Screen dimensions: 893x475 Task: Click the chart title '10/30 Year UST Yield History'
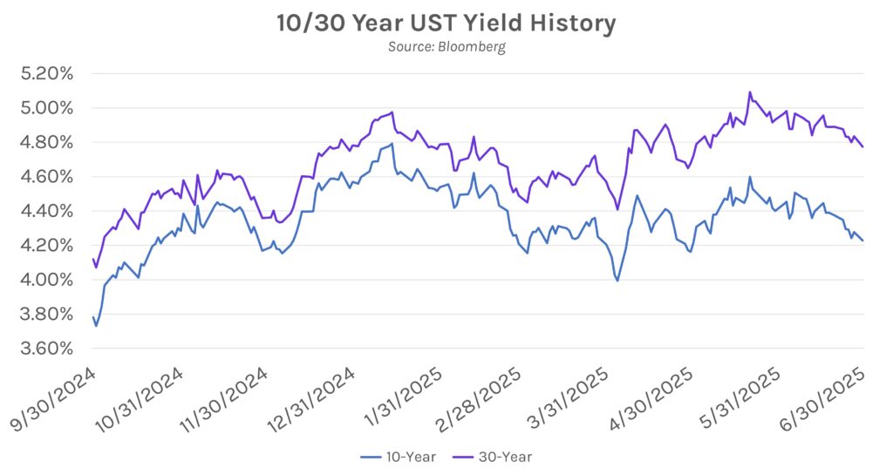pyautogui.click(x=446, y=24)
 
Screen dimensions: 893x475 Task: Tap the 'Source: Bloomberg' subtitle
pyautogui.click(x=446, y=47)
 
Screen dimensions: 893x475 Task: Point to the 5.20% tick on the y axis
pyautogui.click(x=47, y=74)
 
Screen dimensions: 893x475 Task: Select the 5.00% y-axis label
pyautogui.click(x=47, y=108)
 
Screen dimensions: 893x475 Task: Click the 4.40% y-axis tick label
pyautogui.click(x=47, y=211)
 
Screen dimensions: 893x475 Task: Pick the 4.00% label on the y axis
pyautogui.click(x=47, y=280)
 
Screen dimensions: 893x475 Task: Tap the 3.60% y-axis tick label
pyautogui.click(x=47, y=349)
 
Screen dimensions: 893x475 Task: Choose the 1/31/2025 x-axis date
pyautogui.click(x=402, y=398)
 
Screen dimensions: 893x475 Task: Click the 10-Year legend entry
pyautogui.click(x=398, y=457)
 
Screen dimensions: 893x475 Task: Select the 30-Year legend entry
pyautogui.click(x=493, y=457)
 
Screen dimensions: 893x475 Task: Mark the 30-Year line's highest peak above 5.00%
pyautogui.click(x=750, y=92)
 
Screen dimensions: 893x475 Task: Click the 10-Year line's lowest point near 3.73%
pyautogui.click(x=96, y=326)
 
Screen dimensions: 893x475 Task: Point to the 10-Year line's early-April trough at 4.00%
pyautogui.click(x=617, y=281)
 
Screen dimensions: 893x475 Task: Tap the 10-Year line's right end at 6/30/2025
pyautogui.click(x=863, y=241)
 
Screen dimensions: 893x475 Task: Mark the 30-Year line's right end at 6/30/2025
pyautogui.click(x=863, y=147)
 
